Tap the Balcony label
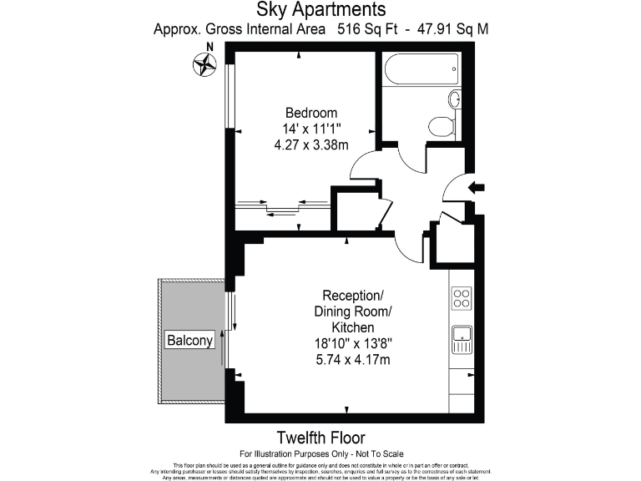[190, 341]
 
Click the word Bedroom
[310, 114]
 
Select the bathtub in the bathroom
[421, 69]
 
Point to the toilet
[441, 126]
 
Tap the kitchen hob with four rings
[462, 297]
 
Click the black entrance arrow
[477, 188]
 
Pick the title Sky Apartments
[320, 10]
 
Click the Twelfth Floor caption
[320, 438]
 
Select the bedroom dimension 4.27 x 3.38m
[310, 144]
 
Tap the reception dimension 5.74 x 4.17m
[353, 359]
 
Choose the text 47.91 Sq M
[449, 29]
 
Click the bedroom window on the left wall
[228, 94]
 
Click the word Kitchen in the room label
[353, 327]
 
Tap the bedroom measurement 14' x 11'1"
[310, 129]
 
